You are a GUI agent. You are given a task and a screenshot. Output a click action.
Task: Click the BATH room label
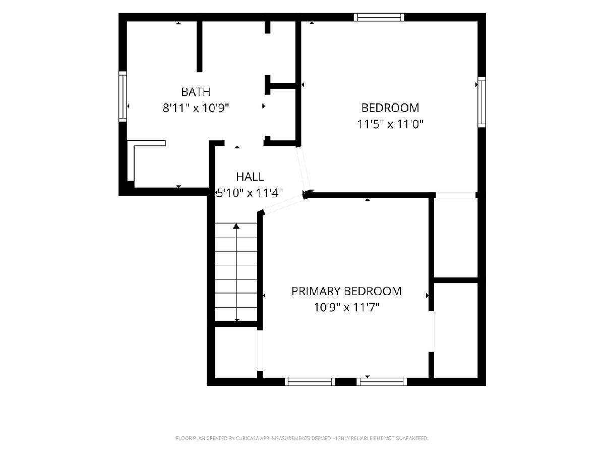pos(196,92)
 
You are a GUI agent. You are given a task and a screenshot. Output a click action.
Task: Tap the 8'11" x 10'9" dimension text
pos(196,108)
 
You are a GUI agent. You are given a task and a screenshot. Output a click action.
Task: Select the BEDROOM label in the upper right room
pos(390,108)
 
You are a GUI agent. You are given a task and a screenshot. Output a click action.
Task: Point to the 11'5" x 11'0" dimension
pos(390,124)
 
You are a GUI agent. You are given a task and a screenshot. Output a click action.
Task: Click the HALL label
pos(250,177)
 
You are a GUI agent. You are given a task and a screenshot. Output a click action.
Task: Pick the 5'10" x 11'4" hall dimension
pos(250,193)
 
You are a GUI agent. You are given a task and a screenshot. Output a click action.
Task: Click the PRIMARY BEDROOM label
pos(346,291)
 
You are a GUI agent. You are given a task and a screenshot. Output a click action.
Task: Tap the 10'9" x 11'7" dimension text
pos(346,307)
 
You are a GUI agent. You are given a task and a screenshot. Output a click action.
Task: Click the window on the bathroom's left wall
pos(123,96)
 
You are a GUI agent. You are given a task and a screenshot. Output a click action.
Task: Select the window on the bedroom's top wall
pos(379,17)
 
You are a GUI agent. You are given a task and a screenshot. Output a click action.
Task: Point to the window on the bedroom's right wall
pos(481,102)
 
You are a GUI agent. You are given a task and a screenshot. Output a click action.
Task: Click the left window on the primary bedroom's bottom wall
pos(310,382)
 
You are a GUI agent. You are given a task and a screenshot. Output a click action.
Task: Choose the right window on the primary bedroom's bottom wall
pos(382,382)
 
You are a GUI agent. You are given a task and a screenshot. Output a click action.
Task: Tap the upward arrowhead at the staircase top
pos(236,226)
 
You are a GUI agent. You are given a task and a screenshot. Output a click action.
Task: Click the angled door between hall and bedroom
pos(304,168)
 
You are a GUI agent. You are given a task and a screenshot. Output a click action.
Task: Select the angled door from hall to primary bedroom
pos(284,204)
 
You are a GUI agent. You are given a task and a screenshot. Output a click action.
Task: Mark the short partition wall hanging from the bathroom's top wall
pos(200,46)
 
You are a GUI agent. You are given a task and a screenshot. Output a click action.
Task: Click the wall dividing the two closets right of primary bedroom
pos(456,280)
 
